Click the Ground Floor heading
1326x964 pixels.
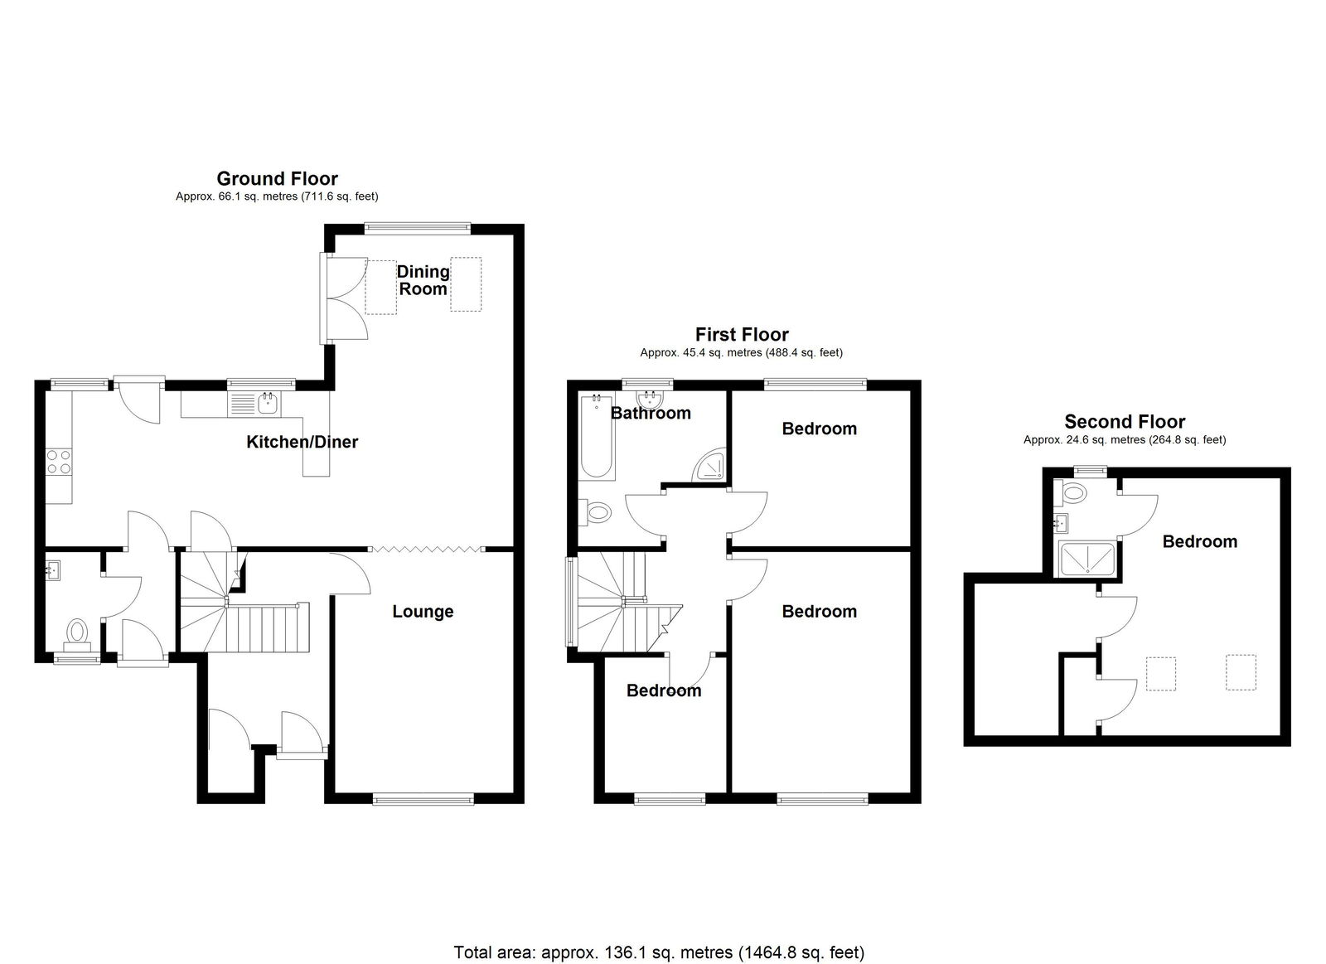277,178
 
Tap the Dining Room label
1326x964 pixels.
423,280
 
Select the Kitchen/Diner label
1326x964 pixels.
302,442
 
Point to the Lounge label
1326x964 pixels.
423,612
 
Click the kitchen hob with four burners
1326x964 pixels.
59,462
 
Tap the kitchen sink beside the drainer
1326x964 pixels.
269,404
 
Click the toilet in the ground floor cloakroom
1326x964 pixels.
77,632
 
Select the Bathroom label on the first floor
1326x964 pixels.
651,413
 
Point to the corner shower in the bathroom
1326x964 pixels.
709,465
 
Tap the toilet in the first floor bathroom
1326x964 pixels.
594,512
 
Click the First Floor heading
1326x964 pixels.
742,335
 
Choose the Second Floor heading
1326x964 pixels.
1125,422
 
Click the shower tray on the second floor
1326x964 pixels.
1087,559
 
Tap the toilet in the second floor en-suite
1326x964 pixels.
1072,492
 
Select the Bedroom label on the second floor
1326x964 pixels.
1200,541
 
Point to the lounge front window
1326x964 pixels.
423,800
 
